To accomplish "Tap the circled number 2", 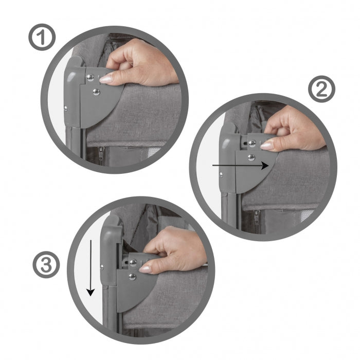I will [x=321, y=90].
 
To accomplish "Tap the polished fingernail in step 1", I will [x=106, y=79].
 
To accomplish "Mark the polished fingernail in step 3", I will [x=146, y=268].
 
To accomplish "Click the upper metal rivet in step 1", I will [x=91, y=78].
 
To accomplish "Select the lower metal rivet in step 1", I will [x=96, y=92].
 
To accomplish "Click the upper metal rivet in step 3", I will [x=132, y=262].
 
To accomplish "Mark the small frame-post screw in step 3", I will [x=102, y=266].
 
